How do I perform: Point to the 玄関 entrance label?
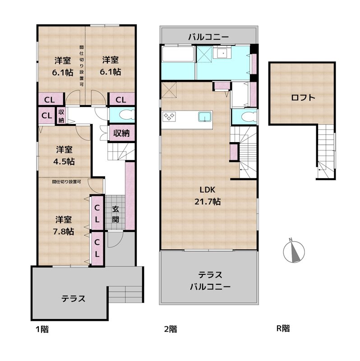tap(116, 214)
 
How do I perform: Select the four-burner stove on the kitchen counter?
tap(169, 117)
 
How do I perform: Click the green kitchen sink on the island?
tap(204, 117)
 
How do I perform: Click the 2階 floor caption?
tap(170, 329)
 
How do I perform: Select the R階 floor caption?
tap(283, 329)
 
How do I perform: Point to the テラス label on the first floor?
tap(74, 298)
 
